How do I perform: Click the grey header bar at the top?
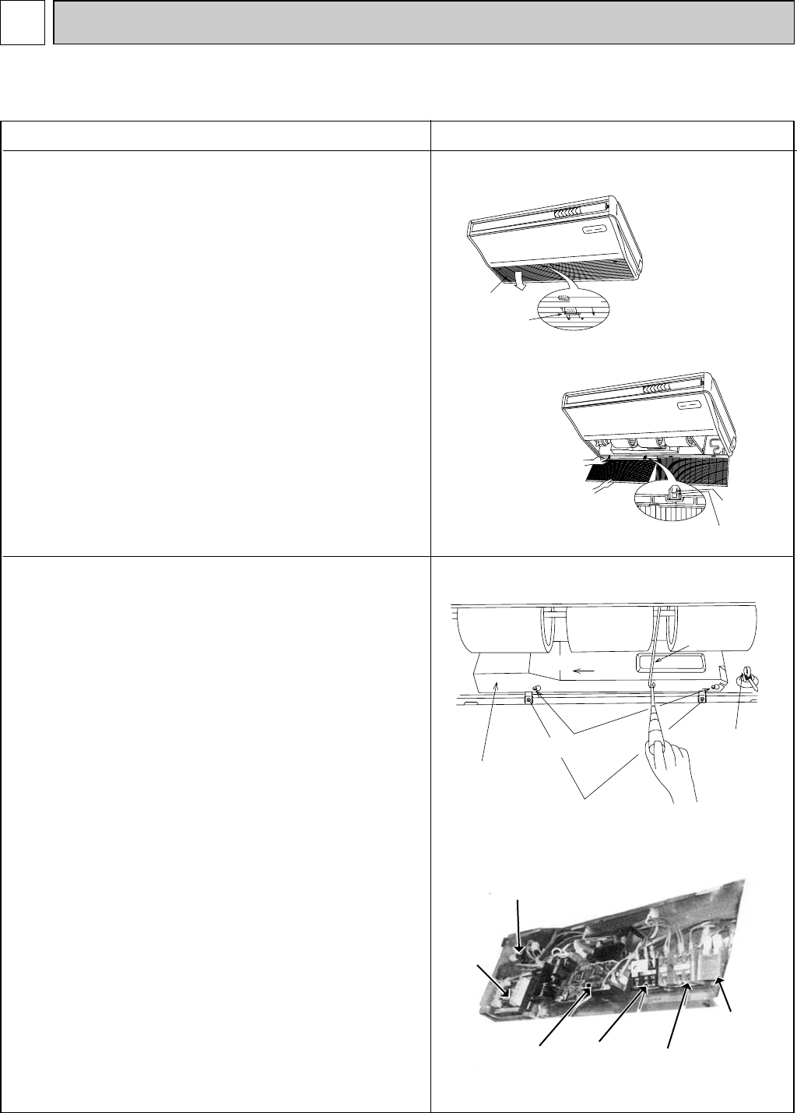(x=423, y=21)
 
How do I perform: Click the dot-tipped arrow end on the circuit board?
(x=588, y=987)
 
